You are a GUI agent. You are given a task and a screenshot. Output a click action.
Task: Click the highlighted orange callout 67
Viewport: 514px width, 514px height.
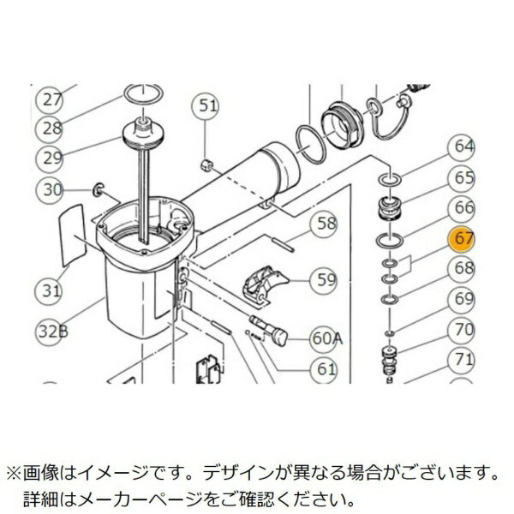[463, 239]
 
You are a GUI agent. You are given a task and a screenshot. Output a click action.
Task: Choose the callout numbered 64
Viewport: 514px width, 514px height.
[463, 146]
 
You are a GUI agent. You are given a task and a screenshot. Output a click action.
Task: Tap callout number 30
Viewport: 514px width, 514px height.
[54, 189]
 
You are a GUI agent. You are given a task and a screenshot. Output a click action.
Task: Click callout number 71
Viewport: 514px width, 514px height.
[463, 359]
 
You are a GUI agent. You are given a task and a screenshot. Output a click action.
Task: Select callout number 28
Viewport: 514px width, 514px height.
[54, 128]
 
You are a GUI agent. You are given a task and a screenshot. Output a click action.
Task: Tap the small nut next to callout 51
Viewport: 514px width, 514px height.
[206, 162]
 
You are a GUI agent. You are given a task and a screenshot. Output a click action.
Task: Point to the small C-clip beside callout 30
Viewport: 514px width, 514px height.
[99, 188]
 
